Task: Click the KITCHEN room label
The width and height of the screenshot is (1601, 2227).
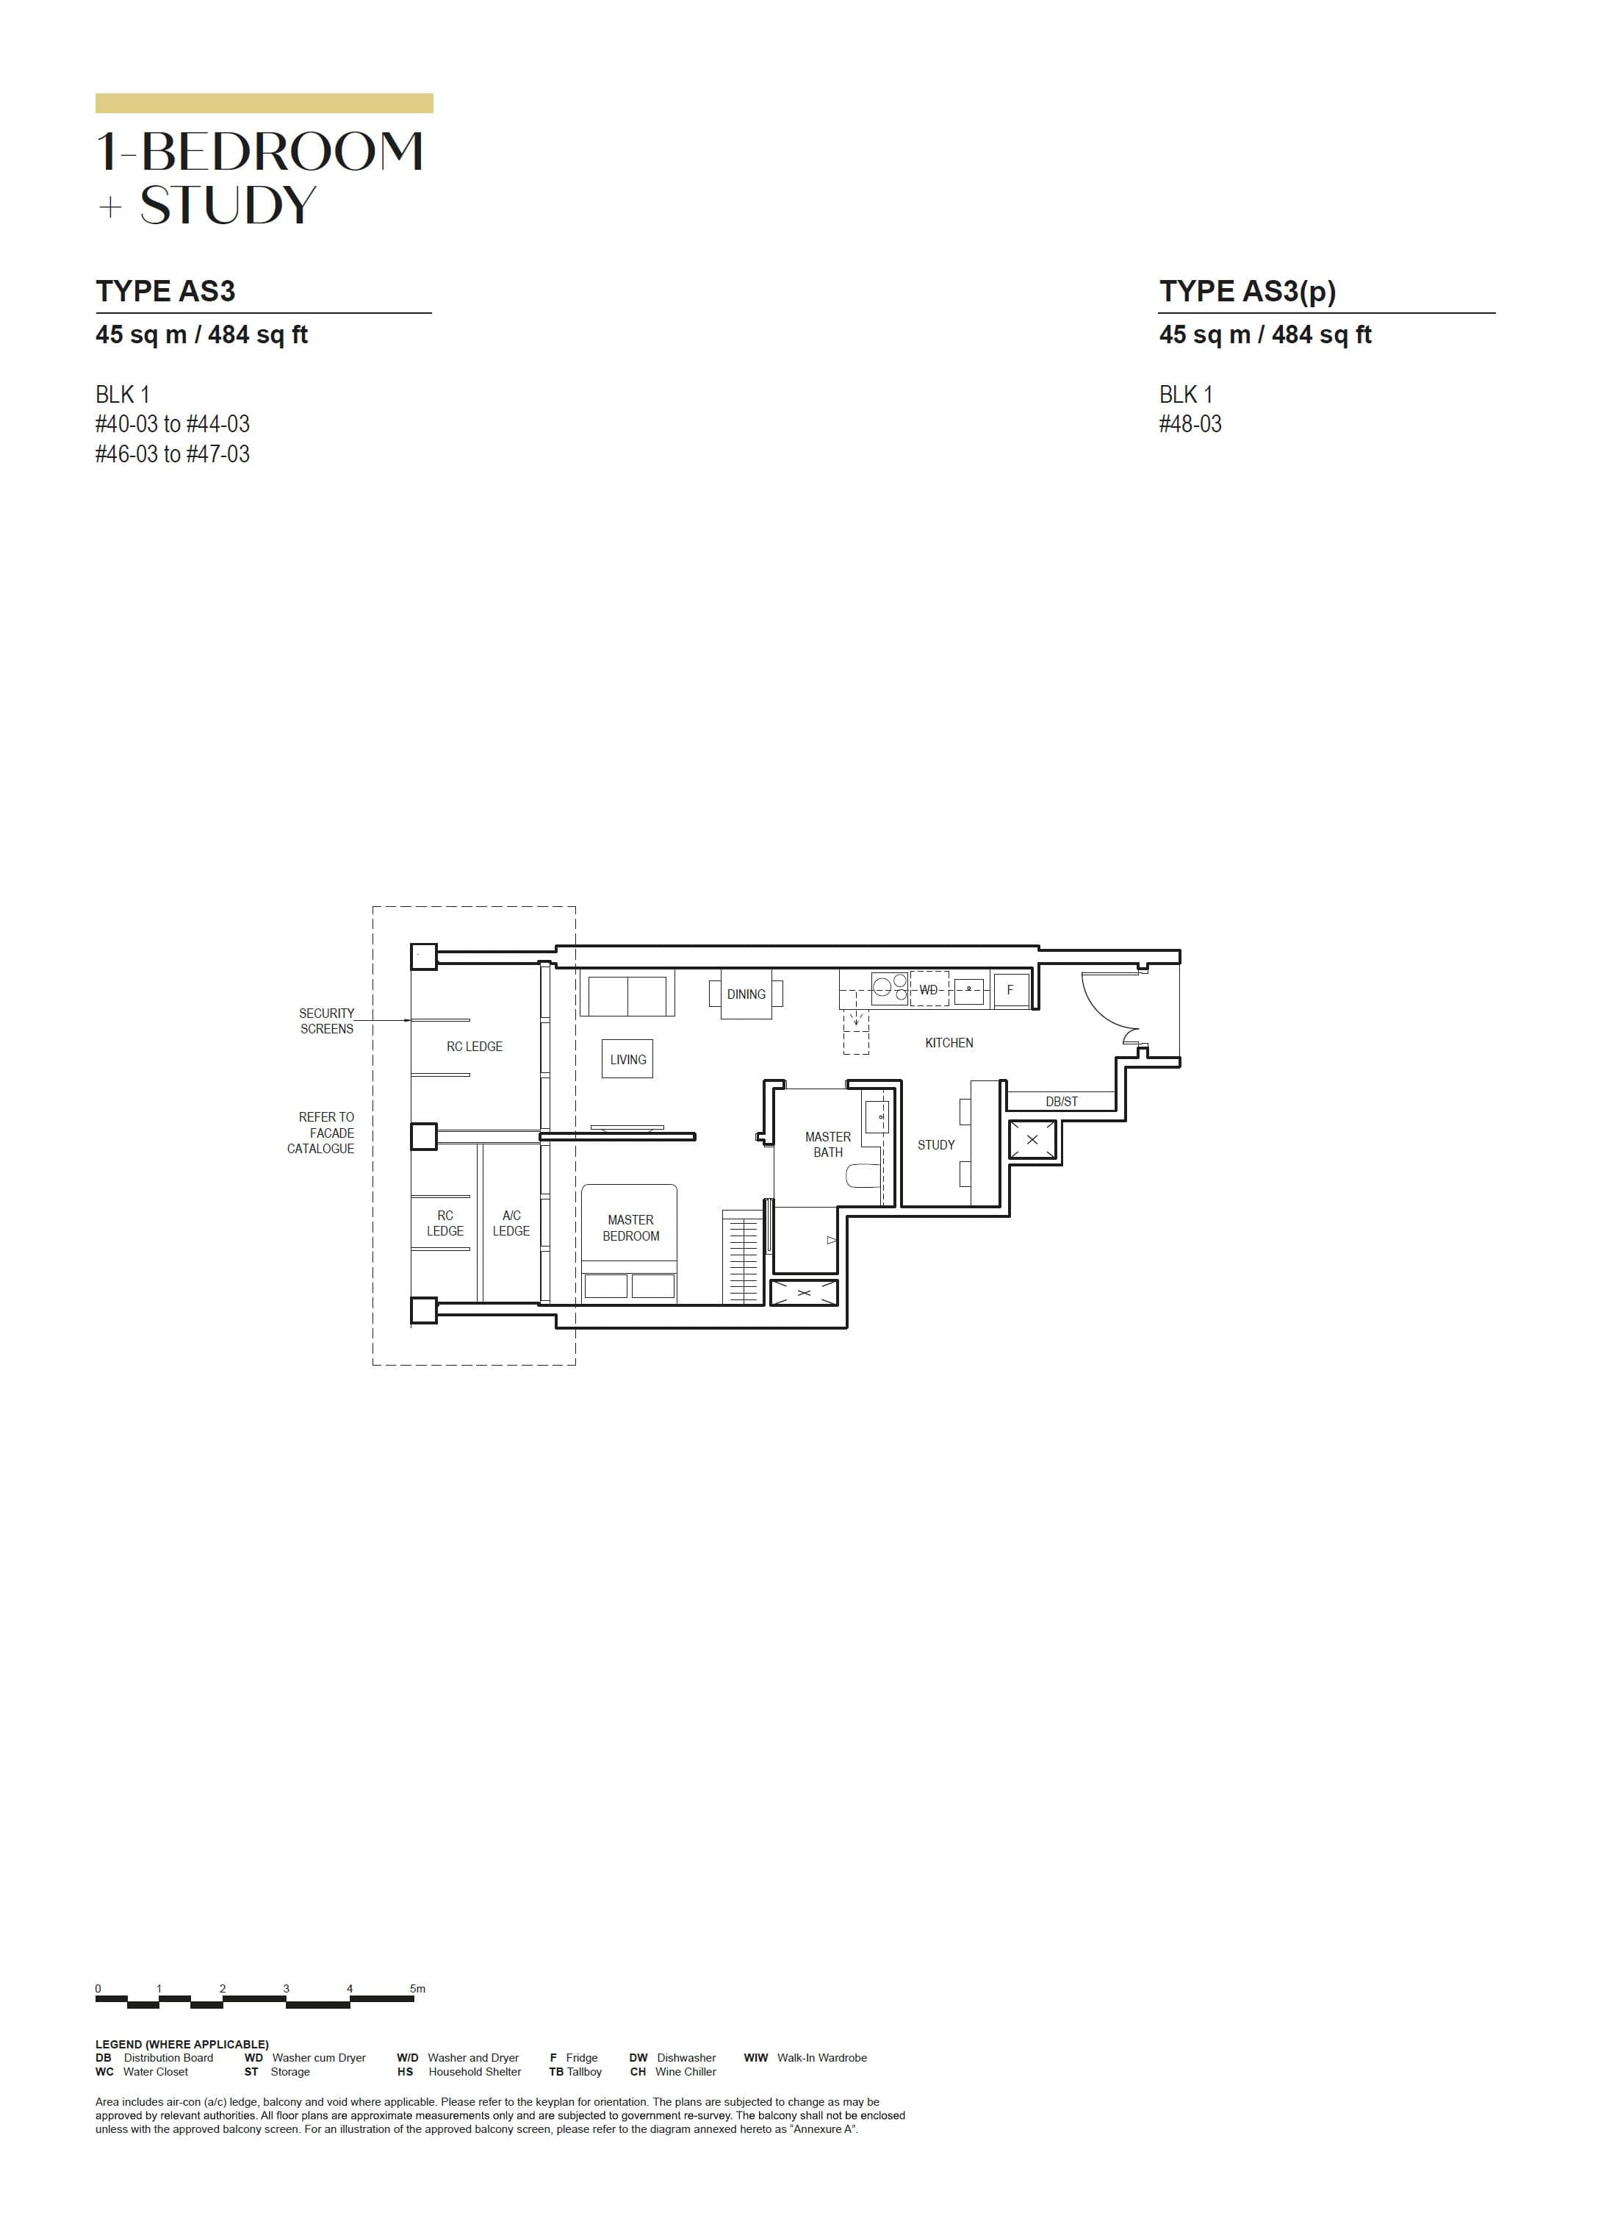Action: pyautogui.click(x=949, y=1043)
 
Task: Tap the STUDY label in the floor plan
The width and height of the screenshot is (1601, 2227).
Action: pyautogui.click(x=935, y=1145)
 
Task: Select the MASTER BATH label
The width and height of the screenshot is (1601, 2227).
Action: pyautogui.click(x=827, y=1144)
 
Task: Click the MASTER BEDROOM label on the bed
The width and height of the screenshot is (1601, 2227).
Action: pyautogui.click(x=630, y=1227)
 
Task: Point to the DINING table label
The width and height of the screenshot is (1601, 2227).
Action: pyautogui.click(x=746, y=994)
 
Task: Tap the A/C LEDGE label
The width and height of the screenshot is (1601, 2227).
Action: pyautogui.click(x=511, y=1222)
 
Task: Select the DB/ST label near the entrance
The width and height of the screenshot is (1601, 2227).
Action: pyautogui.click(x=1061, y=1102)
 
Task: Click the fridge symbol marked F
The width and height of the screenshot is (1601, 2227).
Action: pyautogui.click(x=1009, y=990)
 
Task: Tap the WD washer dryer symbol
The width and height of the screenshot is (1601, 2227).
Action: pyautogui.click(x=929, y=990)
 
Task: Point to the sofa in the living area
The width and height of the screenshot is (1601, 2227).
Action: pyautogui.click(x=626, y=994)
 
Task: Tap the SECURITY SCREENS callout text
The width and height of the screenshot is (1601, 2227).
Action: pyautogui.click(x=326, y=1020)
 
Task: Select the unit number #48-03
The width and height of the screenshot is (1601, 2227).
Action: pyautogui.click(x=1190, y=424)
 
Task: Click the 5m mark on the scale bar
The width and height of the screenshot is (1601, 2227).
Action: pyautogui.click(x=417, y=1988)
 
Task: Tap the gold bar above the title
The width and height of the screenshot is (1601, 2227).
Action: pyautogui.click(x=264, y=103)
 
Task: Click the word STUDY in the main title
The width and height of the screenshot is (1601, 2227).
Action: pyautogui.click(x=228, y=205)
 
